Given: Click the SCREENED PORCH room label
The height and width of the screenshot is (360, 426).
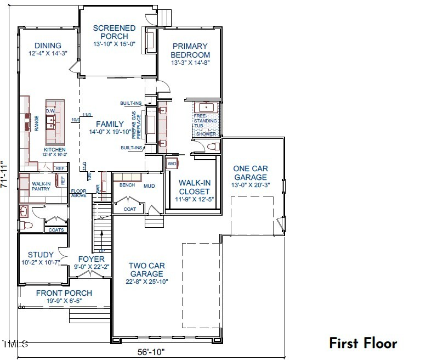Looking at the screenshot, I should click(114, 32).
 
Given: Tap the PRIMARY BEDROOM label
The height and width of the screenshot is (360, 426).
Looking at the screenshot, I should click(190, 50).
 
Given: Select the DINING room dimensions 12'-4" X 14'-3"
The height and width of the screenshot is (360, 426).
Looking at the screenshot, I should click(48, 54).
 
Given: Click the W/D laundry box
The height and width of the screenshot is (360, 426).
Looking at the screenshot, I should click(171, 163).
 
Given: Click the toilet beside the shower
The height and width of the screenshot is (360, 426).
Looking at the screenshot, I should click(213, 147).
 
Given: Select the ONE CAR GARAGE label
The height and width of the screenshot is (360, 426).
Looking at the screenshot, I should click(250, 173).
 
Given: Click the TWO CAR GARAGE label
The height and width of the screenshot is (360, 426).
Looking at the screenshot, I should click(146, 269).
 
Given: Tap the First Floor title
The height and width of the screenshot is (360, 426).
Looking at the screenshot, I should click(362, 343).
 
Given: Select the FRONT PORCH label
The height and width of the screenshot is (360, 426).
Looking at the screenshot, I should click(64, 293).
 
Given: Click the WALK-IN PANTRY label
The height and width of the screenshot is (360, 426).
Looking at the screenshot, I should click(41, 186).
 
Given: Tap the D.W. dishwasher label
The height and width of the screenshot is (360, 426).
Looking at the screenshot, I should click(50, 111).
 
